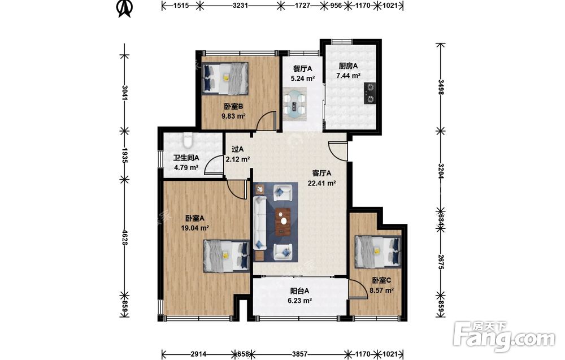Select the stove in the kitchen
coord(370,93)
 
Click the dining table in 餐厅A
coord(294,103)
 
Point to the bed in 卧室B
coord(225,78)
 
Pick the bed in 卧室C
coord(378,251)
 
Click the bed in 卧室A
coord(227,256)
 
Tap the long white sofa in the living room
coord(260,223)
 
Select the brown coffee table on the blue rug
coord(283,222)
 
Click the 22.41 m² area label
coord(322,183)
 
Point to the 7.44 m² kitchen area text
coord(349,76)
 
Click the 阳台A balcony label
coord(300,291)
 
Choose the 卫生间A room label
coord(186,158)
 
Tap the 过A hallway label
coord(237,149)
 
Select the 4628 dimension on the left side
coord(125,237)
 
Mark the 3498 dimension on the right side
coord(440,87)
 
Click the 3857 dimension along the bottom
coord(300,354)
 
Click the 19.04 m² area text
coord(195,228)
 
